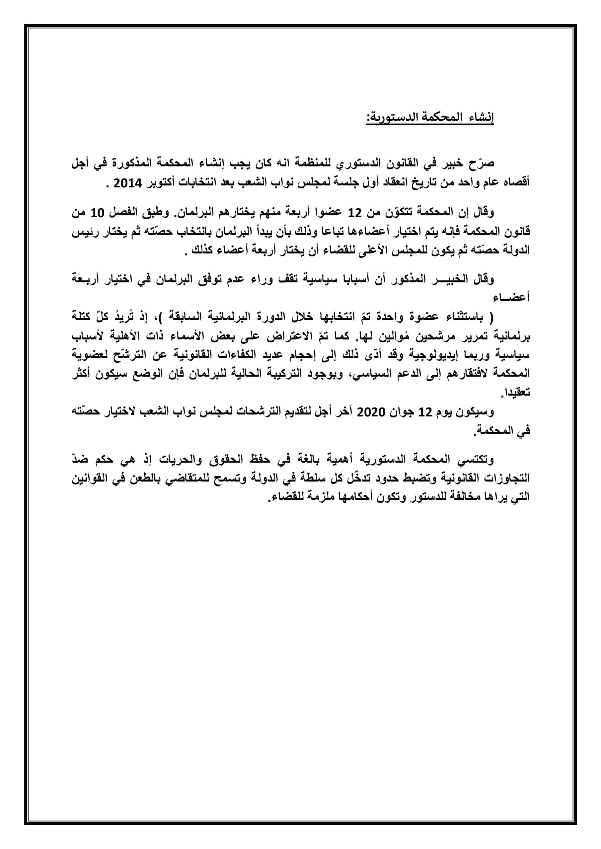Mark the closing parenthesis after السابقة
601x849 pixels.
[x=166, y=317]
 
